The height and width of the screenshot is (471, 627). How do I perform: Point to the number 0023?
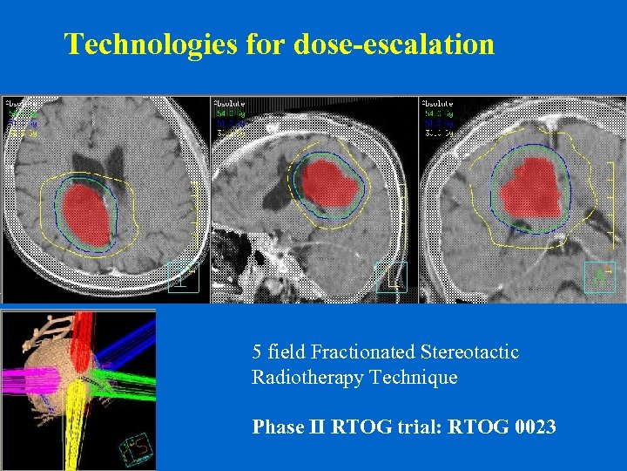click(x=527, y=427)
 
